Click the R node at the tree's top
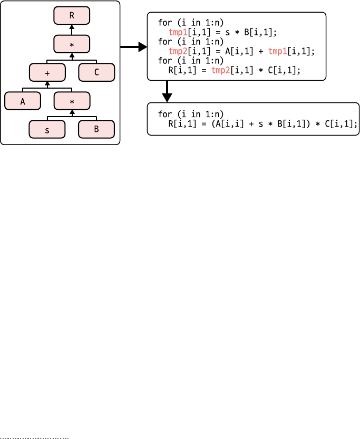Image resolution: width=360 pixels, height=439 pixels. [x=72, y=15]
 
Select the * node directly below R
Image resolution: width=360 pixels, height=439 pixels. [x=72, y=44]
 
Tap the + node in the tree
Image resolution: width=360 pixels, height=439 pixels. [x=47, y=72]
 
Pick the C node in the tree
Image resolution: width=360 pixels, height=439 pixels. [x=96, y=72]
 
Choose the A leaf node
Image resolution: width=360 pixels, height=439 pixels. [x=23, y=101]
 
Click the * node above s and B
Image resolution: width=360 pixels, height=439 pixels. [x=72, y=101]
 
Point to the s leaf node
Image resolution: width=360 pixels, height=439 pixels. [x=47, y=129]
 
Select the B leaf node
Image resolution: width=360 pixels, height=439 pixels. [x=96, y=129]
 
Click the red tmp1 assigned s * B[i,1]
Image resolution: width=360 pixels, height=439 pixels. [x=178, y=32]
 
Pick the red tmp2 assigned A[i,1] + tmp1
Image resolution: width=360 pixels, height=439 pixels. [x=178, y=51]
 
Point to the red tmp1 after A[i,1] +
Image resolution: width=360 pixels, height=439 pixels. [x=277, y=51]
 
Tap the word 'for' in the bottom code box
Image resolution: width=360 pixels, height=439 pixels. [x=165, y=114]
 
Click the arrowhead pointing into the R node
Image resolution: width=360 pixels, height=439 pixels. [x=72, y=27]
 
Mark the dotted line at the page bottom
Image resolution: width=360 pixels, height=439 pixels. [x=34, y=438]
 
